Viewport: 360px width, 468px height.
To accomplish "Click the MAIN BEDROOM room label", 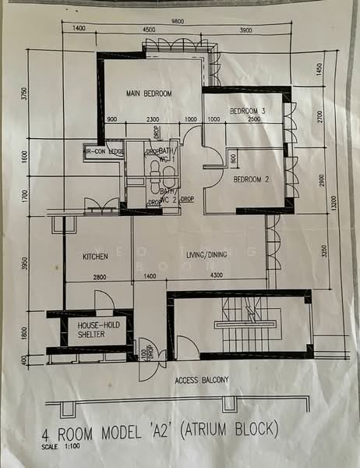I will coord(149,94).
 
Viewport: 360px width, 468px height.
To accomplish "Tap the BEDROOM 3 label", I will coord(248,112).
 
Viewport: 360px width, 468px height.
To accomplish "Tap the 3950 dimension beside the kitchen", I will coord(25,266).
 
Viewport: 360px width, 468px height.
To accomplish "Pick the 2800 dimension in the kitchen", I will coord(100,277).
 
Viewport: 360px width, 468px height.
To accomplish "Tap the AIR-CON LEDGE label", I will coord(105,151).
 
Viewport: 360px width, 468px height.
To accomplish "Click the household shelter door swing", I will coord(104,301).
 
